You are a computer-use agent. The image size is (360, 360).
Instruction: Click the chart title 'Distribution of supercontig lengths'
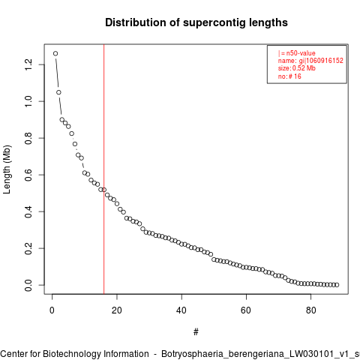click(196, 22)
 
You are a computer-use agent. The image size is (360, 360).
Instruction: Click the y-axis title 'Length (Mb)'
click(7, 169)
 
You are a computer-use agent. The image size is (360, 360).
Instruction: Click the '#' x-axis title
click(196, 332)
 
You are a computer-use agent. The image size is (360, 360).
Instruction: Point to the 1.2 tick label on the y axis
click(28, 64)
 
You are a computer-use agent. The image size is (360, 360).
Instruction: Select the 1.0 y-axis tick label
click(28, 101)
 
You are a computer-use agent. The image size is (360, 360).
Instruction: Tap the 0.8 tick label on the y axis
click(28, 138)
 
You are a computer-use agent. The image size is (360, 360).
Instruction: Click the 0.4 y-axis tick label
click(28, 211)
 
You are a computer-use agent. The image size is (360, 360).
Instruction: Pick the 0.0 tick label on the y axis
click(28, 285)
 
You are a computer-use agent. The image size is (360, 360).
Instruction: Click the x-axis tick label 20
click(117, 310)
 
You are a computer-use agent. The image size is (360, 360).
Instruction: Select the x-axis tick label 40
click(181, 310)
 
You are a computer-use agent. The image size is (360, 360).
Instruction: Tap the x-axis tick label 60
click(246, 310)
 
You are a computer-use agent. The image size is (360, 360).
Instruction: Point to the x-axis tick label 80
click(310, 310)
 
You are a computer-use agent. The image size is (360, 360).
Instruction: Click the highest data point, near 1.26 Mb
click(55, 53)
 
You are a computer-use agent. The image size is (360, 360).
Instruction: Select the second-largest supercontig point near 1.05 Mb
click(58, 92)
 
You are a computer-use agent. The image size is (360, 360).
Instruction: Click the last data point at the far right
click(337, 285)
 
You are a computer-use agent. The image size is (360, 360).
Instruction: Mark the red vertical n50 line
click(103, 169)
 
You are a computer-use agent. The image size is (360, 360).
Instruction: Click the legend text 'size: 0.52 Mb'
click(297, 68)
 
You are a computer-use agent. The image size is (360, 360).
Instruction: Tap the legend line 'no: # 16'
click(289, 76)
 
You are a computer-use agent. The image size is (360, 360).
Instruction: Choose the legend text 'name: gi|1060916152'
click(310, 61)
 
